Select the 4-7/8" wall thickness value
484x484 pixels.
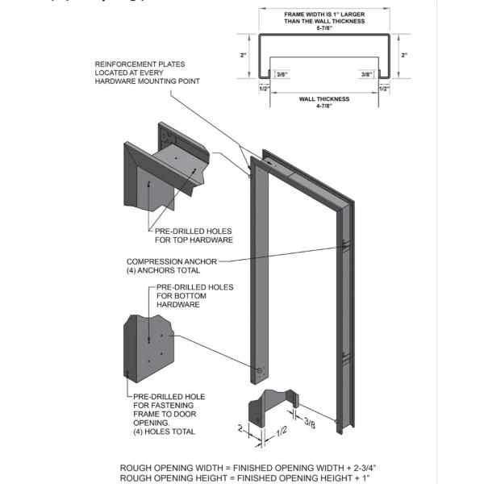323,106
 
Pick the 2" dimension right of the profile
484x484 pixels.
404,55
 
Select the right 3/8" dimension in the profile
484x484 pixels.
367,74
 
